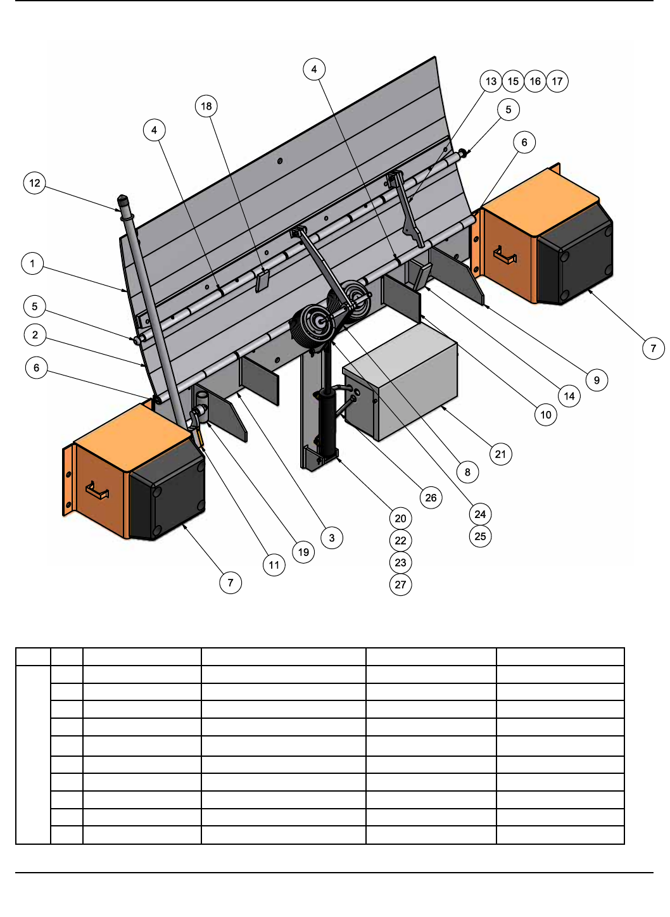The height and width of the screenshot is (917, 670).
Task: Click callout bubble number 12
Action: pyautogui.click(x=34, y=183)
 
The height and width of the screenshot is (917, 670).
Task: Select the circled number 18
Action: pyautogui.click(x=206, y=106)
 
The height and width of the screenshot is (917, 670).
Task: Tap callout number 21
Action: pyautogui.click(x=500, y=454)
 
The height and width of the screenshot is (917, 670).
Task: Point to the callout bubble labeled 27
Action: pyautogui.click(x=401, y=585)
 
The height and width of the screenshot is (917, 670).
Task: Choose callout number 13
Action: pyautogui.click(x=491, y=81)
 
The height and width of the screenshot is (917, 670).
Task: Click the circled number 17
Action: pyautogui.click(x=557, y=81)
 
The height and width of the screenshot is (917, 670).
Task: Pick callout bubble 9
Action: pyautogui.click(x=597, y=381)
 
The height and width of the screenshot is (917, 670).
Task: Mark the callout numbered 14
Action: pyautogui.click(x=569, y=396)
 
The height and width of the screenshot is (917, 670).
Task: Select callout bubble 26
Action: pyautogui.click(x=431, y=498)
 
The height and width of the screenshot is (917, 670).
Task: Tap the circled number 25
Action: pyautogui.click(x=480, y=536)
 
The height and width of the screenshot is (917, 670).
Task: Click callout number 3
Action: pyautogui.click(x=332, y=538)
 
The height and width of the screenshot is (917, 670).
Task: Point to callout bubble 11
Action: pyautogui.click(x=274, y=565)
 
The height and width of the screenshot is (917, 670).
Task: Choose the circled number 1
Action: pyautogui.click(x=32, y=263)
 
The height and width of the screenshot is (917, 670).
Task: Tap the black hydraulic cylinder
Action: pyautogui.click(x=327, y=422)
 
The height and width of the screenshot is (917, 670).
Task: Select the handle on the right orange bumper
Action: pyautogui.click(x=505, y=255)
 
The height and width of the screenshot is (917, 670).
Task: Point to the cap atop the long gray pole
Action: pyautogui.click(x=123, y=201)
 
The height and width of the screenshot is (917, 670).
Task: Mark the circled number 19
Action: pyautogui.click(x=303, y=552)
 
